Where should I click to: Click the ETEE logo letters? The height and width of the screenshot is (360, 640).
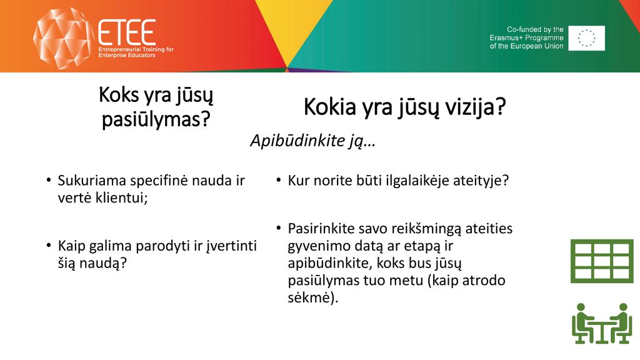127,32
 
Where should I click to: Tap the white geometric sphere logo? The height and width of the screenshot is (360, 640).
62,38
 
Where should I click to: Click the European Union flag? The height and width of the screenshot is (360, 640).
586,38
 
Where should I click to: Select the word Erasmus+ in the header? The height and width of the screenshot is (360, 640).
506,38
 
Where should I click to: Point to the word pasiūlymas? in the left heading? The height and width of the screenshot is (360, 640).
156,119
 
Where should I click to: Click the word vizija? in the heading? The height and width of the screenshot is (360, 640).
475,107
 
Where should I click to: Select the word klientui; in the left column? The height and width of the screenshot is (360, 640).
121,197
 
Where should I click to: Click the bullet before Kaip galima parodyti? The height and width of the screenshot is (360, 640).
49,245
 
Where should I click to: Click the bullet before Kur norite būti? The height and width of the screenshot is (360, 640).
279,180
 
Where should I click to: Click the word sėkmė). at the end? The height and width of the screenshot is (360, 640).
313,297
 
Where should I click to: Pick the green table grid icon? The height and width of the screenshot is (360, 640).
602,261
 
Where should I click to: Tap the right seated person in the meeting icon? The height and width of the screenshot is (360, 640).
621,323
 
